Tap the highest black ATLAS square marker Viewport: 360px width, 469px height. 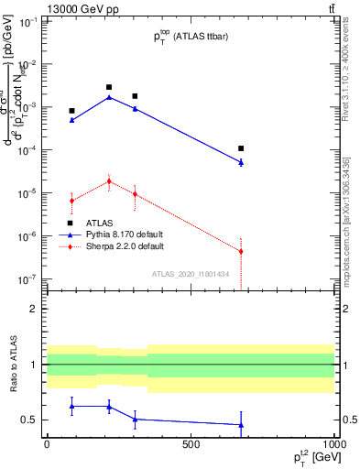coord(109,87)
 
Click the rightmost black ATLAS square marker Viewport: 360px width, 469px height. coord(241,148)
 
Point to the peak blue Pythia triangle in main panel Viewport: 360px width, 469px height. coord(109,97)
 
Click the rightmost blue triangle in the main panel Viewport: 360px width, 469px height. coord(241,162)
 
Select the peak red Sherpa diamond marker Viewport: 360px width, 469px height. coord(109,181)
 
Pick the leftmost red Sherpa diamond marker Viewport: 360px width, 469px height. coord(71,201)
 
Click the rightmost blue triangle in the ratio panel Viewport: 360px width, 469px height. coord(241,424)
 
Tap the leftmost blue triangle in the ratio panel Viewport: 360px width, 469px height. coord(71,406)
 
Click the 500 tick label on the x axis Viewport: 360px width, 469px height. coord(190,443)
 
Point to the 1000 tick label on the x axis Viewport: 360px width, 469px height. coord(333,443)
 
